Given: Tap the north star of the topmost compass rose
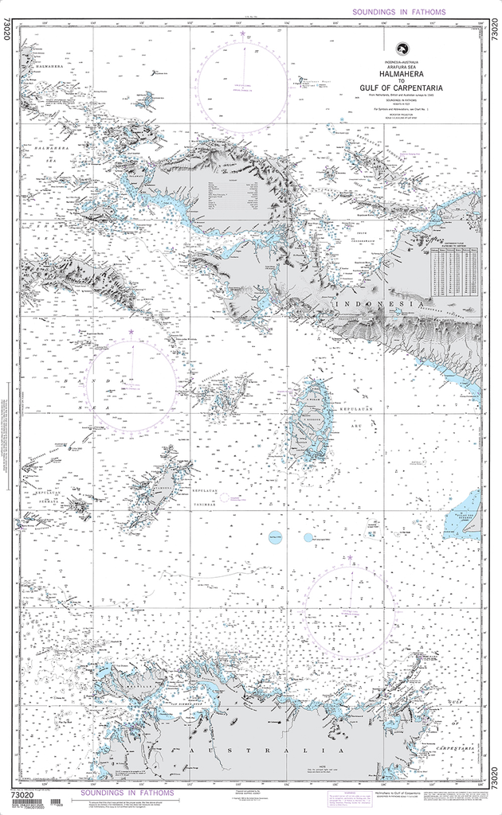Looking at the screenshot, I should point(242,34).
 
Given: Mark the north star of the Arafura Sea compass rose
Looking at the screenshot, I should point(351,558).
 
